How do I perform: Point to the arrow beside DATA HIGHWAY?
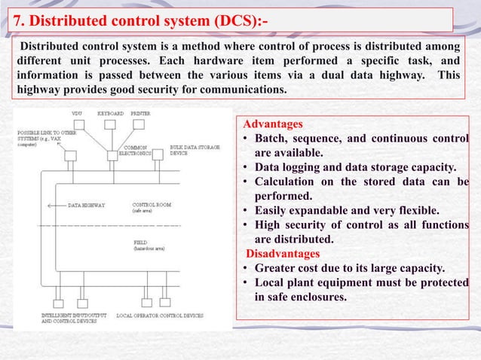click(56, 204)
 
